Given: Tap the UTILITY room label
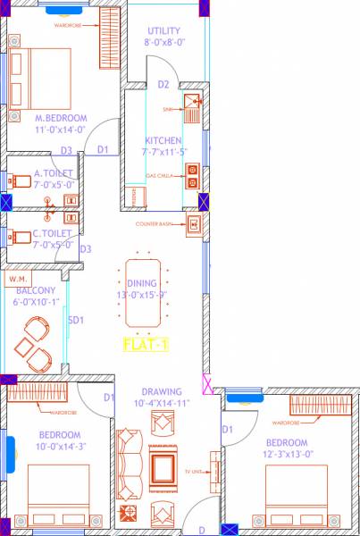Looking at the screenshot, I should [165, 30].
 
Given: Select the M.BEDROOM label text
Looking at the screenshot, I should [61, 117].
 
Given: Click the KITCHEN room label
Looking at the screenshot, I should [163, 141].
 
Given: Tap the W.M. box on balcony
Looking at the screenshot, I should [18, 279].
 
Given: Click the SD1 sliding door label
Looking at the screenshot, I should [76, 320].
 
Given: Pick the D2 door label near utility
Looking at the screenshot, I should [163, 85].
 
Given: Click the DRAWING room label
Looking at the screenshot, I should [161, 390].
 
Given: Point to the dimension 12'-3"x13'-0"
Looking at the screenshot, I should [286, 455].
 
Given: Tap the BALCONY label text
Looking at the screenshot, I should [35, 290].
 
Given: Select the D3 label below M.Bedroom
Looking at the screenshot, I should [66, 151].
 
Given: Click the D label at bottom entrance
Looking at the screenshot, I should [202, 530].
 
